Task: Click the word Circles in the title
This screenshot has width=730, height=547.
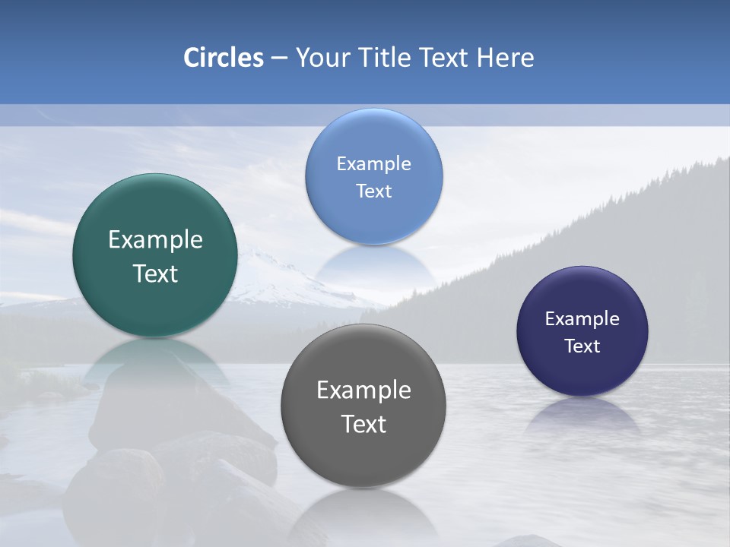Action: point(224,58)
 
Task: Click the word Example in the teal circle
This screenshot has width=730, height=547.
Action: point(155,240)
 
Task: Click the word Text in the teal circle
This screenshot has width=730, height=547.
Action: point(155,273)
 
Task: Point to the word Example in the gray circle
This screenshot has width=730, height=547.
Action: point(363,390)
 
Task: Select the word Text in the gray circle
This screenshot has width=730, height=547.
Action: point(363,424)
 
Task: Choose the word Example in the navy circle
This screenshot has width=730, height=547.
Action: point(582,319)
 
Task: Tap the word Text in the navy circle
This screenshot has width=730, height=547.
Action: point(582,346)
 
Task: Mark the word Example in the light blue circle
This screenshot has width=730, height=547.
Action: point(373,164)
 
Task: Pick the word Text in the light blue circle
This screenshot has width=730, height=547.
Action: point(373,191)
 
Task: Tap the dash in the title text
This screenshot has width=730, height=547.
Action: point(279,58)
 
